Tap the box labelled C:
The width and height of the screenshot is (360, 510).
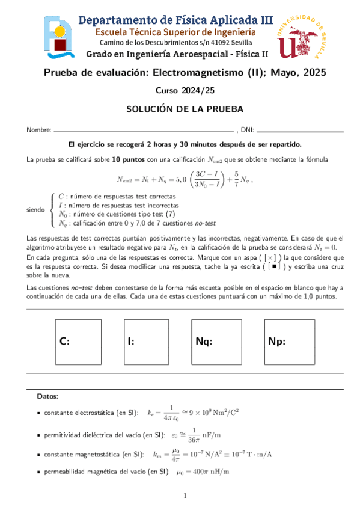point(80,341)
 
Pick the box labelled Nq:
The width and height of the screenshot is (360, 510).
point(217,341)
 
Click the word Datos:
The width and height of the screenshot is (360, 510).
point(48,396)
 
